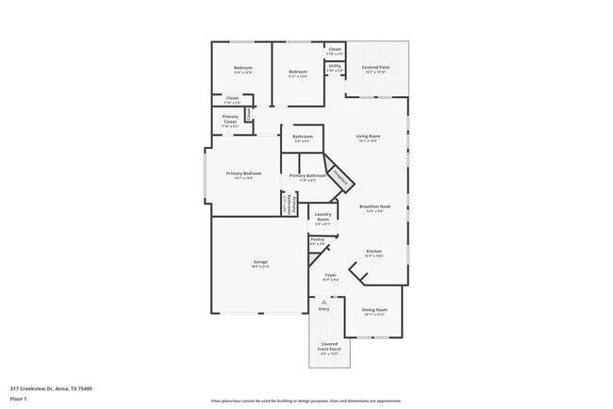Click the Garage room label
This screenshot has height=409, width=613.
tap(259, 264)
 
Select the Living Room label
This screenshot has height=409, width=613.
tap(367, 138)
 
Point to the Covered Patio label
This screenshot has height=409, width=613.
tap(376, 69)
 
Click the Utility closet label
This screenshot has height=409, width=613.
tap(335, 68)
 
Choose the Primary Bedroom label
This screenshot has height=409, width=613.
tap(243, 175)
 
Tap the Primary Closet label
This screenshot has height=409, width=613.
tap(230, 120)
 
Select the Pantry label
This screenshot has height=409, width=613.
tap(317, 241)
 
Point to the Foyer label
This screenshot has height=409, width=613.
tap(330, 278)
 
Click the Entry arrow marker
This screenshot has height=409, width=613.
tap(323, 303)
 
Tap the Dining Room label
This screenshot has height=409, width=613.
tap(374, 311)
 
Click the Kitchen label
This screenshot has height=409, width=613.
tap(373, 253)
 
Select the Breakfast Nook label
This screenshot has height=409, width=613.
tap(373, 208)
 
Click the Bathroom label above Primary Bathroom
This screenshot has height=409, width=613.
tap(302, 139)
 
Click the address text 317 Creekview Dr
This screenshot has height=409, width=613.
tap(51, 387)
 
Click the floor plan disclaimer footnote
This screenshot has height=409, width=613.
tap(306, 401)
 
